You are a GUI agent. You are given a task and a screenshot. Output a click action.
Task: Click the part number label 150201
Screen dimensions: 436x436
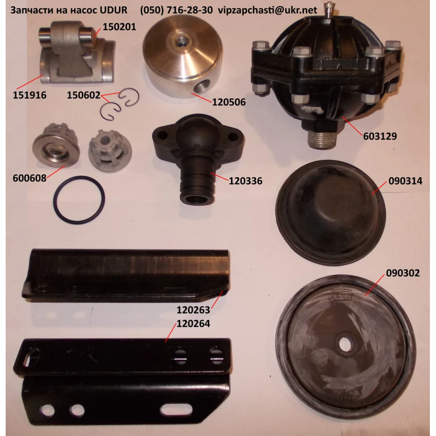click(x=119, y=27)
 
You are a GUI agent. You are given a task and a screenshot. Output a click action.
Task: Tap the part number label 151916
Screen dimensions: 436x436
click(x=30, y=95)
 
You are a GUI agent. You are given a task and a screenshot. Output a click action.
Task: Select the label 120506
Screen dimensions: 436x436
click(x=229, y=102)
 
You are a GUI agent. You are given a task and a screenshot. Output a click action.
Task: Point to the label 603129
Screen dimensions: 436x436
click(x=380, y=136)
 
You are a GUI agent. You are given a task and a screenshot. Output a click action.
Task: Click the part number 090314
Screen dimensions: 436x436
click(x=405, y=181)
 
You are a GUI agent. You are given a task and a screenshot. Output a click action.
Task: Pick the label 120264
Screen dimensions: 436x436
click(x=193, y=324)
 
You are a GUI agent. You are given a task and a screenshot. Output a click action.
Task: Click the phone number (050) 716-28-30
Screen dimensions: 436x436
click(x=176, y=10)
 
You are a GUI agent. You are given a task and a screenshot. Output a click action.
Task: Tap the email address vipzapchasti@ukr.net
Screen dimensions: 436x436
click(x=267, y=10)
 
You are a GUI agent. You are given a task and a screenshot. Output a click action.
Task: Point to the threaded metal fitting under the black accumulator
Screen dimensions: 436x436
click(x=320, y=140)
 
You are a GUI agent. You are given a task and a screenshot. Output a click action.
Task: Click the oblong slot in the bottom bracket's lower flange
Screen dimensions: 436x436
click(x=176, y=410)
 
